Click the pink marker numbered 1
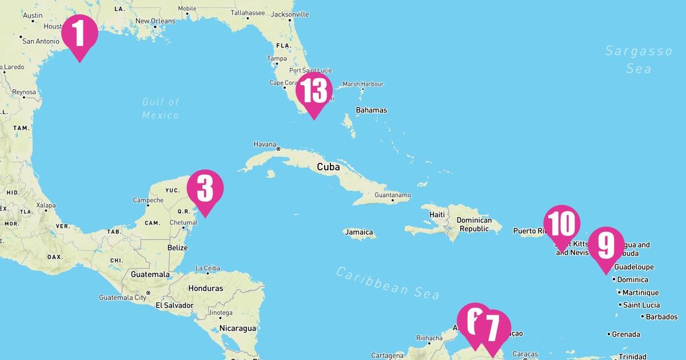pyautogui.click(x=79, y=34)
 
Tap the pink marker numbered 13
pyautogui.click(x=314, y=91)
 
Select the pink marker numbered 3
pyautogui.click(x=205, y=189)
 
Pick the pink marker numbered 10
pyautogui.click(x=561, y=224)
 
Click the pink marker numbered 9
pyautogui.click(x=606, y=246)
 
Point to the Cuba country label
pyautogui.click(x=328, y=167)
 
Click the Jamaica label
pyautogui.click(x=360, y=233)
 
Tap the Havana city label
pyautogui.click(x=265, y=144)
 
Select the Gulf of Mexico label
pyautogui.click(x=161, y=108)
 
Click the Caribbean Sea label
pyautogui.click(x=388, y=282)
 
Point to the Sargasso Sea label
pyautogui.click(x=639, y=59)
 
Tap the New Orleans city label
pyautogui.click(x=155, y=21)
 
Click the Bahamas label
pyautogui.click(x=372, y=110)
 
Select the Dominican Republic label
pyautogui.click(x=474, y=224)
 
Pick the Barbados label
pyautogui.click(x=661, y=317)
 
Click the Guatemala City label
pyautogui.click(x=122, y=298)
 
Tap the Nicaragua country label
pyautogui.click(x=238, y=328)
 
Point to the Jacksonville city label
pyautogui.click(x=289, y=14)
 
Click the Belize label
pyautogui.click(x=178, y=247)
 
